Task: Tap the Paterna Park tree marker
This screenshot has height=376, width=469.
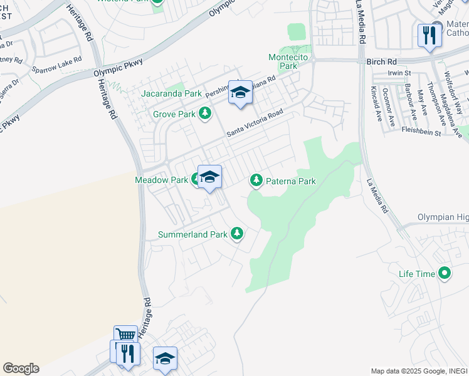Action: point(256,181)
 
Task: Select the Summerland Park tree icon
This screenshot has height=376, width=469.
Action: point(236,234)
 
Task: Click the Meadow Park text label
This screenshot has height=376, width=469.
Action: point(162,180)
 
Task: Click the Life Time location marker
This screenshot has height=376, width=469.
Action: point(445,273)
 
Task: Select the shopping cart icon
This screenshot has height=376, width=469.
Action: point(125,336)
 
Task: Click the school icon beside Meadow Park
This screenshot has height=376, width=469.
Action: point(209,177)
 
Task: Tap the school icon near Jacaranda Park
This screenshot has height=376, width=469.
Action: point(240,93)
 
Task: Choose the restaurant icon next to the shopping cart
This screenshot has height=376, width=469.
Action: point(127,353)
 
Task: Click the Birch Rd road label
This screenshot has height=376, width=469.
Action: point(382,62)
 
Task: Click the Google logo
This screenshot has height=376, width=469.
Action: point(21,368)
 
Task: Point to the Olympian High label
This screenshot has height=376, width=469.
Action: point(443,217)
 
